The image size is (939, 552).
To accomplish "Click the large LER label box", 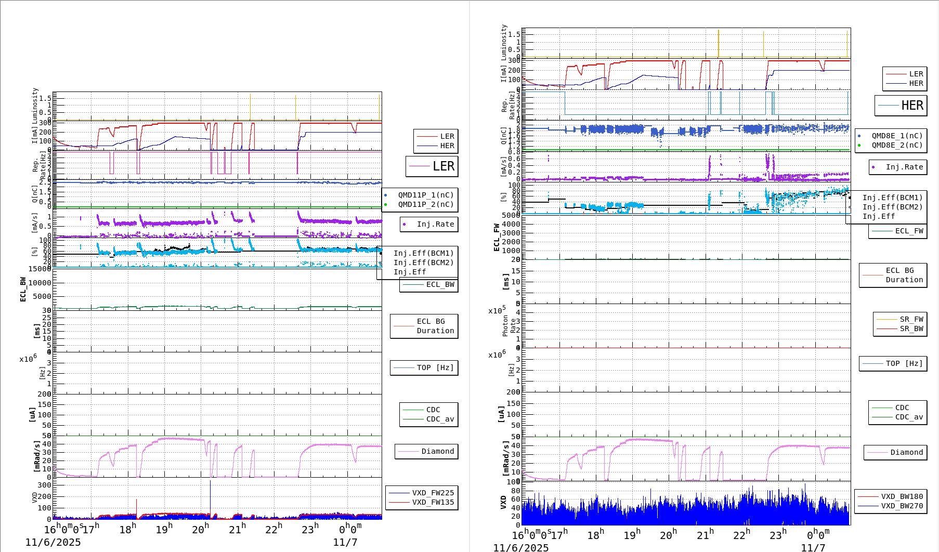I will [432, 166].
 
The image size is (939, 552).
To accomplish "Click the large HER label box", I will [901, 106].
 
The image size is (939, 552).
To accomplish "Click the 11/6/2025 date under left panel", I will [53, 542].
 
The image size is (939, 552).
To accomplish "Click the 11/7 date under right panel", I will [813, 547].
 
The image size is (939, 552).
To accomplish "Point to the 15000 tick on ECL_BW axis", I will [40, 269].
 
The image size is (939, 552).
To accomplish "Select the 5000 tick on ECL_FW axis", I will [511, 215].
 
